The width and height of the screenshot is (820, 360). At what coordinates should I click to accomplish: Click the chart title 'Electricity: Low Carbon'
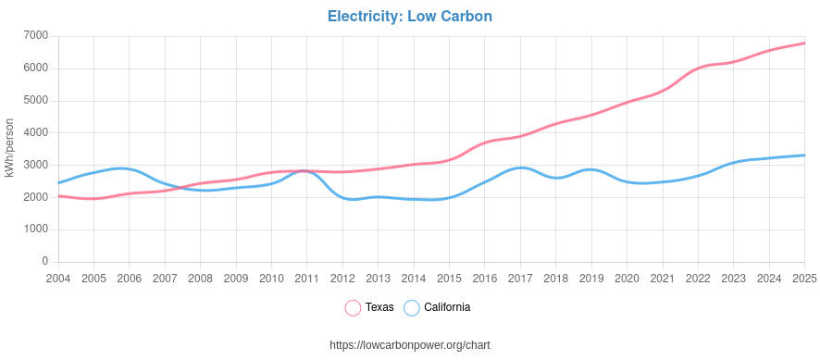409,17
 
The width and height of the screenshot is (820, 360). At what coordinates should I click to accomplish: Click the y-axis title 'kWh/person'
9,148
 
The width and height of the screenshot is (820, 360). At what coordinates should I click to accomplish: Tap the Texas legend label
379,307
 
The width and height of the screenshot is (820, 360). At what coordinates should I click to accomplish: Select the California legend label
447,307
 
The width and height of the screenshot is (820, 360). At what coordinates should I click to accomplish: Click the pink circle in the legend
353,307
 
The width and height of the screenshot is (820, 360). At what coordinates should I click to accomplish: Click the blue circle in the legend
412,307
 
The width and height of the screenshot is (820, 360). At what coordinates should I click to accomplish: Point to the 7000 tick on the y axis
35,36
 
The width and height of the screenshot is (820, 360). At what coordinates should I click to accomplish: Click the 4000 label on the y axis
35,132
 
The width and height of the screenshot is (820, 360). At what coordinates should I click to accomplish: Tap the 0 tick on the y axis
44,262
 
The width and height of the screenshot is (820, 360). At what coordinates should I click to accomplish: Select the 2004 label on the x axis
58,278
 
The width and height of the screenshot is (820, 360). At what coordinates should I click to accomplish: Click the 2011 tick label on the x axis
306,278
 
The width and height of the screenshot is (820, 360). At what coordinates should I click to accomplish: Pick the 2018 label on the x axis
555,278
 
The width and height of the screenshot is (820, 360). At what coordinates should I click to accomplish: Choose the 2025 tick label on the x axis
803,278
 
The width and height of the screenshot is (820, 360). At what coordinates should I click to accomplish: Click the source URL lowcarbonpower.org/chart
409,345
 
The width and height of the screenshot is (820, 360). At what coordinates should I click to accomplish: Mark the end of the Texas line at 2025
803,43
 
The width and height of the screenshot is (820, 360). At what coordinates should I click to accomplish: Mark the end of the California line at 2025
803,155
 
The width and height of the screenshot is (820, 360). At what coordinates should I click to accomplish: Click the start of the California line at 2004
59,182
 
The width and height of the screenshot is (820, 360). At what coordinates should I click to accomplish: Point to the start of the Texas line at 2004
59,196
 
